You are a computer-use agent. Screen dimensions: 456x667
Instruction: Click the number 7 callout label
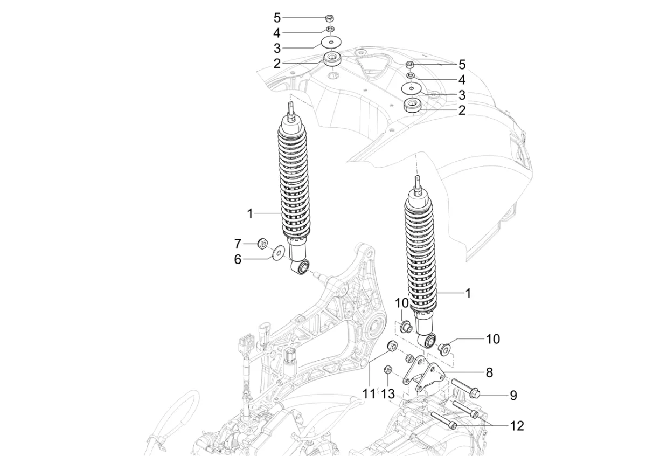238,243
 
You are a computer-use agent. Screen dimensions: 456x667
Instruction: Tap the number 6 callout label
238,259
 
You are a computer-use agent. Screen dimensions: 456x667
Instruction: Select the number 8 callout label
489,372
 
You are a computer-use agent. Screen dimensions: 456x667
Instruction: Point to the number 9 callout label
513,396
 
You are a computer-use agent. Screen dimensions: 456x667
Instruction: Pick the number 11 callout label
369,394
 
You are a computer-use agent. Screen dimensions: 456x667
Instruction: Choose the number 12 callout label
517,426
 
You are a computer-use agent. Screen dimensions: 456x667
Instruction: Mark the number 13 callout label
388,394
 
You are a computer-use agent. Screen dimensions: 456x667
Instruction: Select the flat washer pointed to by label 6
279,252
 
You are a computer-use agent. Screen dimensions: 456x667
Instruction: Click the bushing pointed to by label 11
393,346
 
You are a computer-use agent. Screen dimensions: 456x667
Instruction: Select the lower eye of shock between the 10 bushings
429,341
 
